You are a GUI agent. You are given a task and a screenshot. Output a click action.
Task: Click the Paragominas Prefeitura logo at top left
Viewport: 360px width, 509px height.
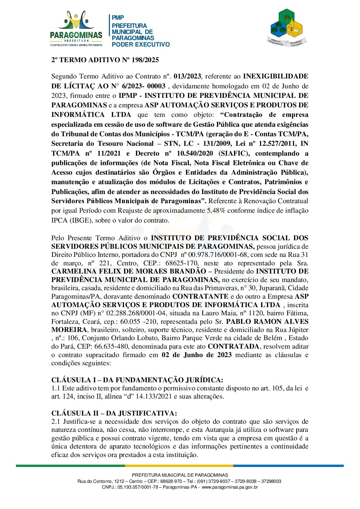(x=76, y=29)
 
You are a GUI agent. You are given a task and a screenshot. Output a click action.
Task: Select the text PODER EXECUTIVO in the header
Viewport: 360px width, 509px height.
(x=140, y=45)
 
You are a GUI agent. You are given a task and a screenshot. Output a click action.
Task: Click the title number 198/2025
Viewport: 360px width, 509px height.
(x=145, y=60)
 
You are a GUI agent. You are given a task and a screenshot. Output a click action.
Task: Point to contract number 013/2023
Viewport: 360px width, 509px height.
(x=187, y=76)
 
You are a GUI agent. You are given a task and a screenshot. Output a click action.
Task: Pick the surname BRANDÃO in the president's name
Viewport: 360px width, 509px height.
(x=187, y=271)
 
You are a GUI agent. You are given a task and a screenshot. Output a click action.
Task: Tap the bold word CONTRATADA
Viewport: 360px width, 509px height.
(x=233, y=346)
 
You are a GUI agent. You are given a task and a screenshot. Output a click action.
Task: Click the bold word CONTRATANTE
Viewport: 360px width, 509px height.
(x=200, y=296)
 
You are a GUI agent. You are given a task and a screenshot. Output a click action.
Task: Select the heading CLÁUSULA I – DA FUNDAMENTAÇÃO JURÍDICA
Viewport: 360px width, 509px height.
(x=137, y=380)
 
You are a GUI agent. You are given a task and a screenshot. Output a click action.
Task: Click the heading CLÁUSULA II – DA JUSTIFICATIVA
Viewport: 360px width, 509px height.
(x=114, y=413)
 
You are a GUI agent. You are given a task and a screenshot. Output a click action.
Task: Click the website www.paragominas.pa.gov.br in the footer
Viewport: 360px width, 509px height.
(x=230, y=487)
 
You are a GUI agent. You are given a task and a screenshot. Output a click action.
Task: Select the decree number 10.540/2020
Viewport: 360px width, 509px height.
(x=194, y=153)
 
